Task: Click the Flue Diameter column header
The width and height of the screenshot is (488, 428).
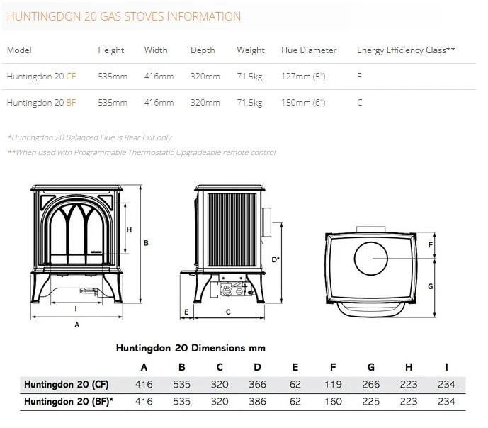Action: pyautogui.click(x=309, y=50)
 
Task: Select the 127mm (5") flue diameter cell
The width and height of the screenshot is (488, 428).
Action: pyautogui.click(x=303, y=77)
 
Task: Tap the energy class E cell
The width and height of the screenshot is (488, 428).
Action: pyautogui.click(x=359, y=77)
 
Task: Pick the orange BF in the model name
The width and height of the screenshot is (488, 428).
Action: pyautogui.click(x=71, y=103)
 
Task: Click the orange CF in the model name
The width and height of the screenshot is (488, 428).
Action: pyautogui.click(x=71, y=77)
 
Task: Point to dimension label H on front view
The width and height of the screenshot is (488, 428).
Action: pyautogui.click(x=129, y=230)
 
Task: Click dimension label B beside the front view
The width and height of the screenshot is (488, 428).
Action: pyautogui.click(x=146, y=243)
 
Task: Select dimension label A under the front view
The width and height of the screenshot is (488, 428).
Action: pyautogui.click(x=77, y=325)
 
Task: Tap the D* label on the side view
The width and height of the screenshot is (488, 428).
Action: pyautogui.click(x=276, y=259)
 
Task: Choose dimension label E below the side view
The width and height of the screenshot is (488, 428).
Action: pyautogui.click(x=186, y=312)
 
